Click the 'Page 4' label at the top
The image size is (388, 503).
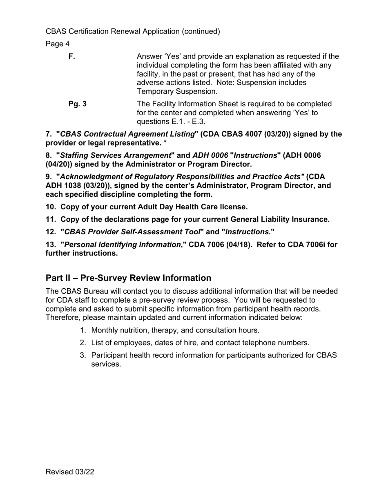pos(58,44)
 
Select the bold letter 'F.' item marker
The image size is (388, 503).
pos(72,56)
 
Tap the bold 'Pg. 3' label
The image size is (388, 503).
pos(77,104)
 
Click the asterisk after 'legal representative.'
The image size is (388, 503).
pos(165,143)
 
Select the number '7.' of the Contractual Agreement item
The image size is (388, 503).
pos(49,134)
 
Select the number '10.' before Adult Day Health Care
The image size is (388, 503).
pos(51,207)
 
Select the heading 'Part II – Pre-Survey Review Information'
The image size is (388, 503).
pos(128,278)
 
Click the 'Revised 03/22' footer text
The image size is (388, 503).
pos(70,472)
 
